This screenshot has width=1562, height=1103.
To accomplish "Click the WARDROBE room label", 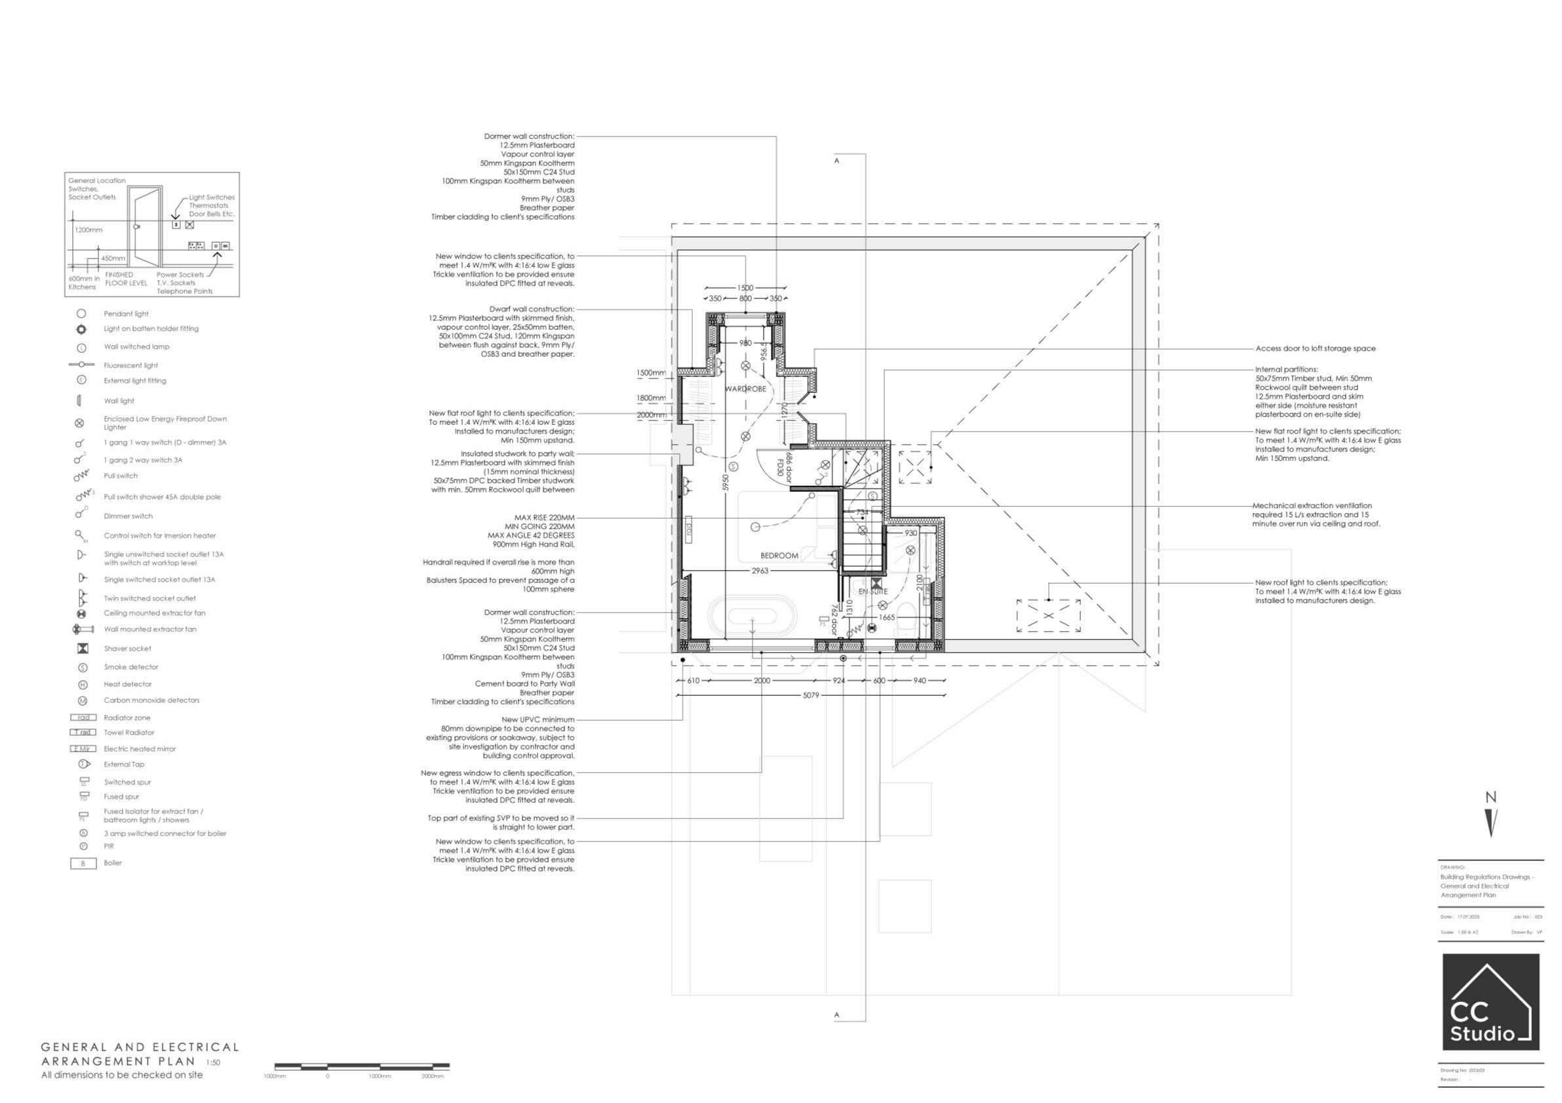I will (x=746, y=390).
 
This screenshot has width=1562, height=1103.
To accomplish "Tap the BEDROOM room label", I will (x=779, y=556).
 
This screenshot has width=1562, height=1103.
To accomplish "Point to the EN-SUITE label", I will (x=873, y=592).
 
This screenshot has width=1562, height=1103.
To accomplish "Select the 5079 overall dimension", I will (x=811, y=695).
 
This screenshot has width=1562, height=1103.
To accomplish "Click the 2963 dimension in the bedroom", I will (x=760, y=571).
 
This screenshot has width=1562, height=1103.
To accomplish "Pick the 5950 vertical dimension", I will (x=726, y=483).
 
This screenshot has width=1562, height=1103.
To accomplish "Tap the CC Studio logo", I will (x=1491, y=1001).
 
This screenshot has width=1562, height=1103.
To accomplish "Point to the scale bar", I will (x=362, y=1066).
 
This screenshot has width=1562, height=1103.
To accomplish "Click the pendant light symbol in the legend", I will (x=81, y=313).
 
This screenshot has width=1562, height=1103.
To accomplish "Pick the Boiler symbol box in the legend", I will (x=83, y=864).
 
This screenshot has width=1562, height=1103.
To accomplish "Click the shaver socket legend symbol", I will (x=83, y=649).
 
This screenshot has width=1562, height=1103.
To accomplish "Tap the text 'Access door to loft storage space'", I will (x=1315, y=348).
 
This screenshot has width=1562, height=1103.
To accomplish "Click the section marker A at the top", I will (x=837, y=161).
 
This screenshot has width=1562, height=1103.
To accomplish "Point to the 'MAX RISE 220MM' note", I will (x=543, y=518).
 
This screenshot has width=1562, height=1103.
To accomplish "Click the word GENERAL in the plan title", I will (x=74, y=1048).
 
